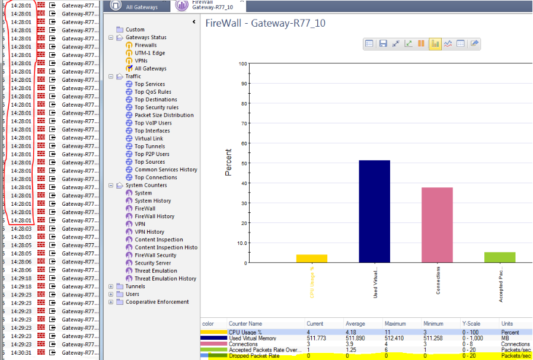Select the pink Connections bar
[437, 225]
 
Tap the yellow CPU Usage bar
[311, 259]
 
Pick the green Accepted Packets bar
[500, 257]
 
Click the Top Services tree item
[149, 84]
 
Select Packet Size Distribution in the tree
[164, 115]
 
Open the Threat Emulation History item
[165, 278]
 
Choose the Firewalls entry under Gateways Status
[145, 45]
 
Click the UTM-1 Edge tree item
[149, 53]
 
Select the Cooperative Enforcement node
[157, 301]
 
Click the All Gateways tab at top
[142, 7]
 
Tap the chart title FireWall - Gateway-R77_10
[265, 23]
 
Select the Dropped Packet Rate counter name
[254, 355]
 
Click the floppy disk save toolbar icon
[383, 43]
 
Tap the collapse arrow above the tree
[194, 22]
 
